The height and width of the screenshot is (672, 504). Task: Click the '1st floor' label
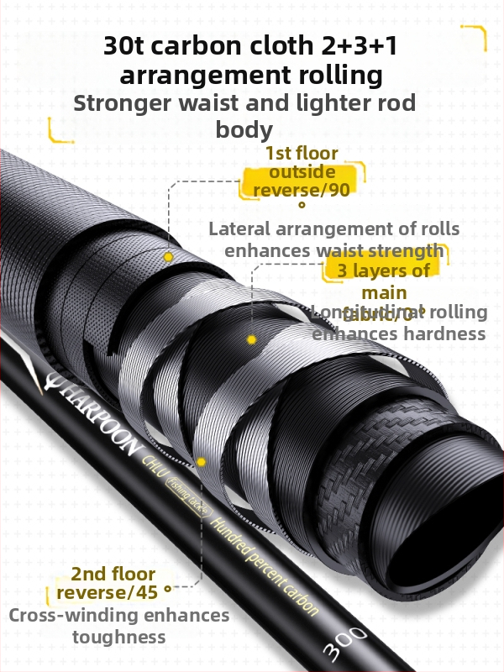[x=301, y=154]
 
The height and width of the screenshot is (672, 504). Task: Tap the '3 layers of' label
[x=384, y=270]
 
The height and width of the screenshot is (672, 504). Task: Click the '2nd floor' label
[x=113, y=575]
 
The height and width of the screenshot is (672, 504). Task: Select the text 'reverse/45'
[x=107, y=594]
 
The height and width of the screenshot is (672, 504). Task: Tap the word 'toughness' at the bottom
[x=118, y=637]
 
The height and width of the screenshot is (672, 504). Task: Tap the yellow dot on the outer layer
[x=168, y=256]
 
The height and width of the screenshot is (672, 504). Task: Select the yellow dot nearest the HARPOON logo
[x=202, y=461]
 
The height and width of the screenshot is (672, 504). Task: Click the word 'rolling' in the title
[x=343, y=76]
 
